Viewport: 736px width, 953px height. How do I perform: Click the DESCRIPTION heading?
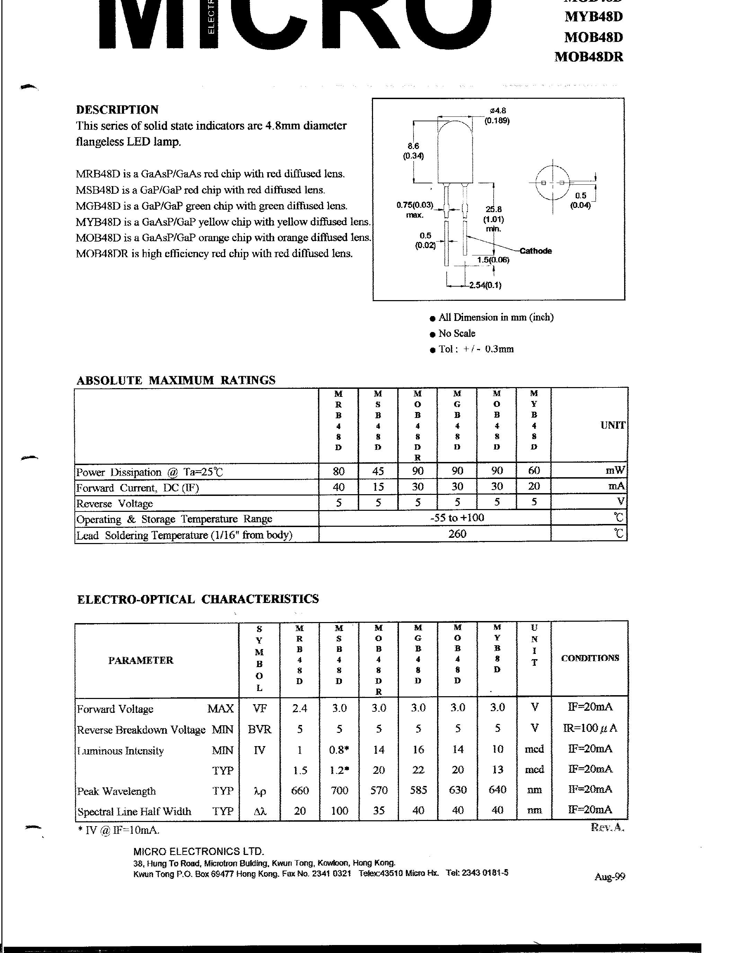[x=117, y=110]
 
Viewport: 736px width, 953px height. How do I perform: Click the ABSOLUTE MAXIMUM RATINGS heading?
[x=176, y=380]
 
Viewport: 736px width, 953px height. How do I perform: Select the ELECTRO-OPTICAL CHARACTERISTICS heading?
[x=197, y=599]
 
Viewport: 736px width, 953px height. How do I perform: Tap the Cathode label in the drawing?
[x=535, y=251]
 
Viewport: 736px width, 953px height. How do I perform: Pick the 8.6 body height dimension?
[x=413, y=146]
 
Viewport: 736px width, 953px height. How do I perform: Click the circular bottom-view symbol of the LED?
[x=552, y=183]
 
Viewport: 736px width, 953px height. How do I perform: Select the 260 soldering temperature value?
[x=457, y=534]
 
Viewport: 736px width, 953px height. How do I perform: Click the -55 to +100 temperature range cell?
[x=457, y=518]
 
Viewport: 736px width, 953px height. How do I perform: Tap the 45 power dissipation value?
[x=378, y=471]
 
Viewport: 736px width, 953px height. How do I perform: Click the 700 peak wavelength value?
[x=339, y=790]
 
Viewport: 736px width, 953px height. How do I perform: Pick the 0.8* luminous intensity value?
[x=339, y=750]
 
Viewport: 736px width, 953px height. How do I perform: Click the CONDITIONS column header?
[x=589, y=658]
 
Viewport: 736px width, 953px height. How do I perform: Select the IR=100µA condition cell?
[x=590, y=728]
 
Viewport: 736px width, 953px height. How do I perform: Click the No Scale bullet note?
[x=456, y=333]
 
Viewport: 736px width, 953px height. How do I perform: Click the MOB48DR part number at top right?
[x=588, y=57]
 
